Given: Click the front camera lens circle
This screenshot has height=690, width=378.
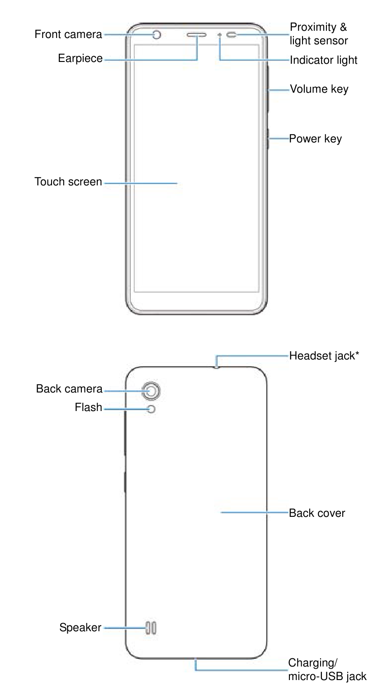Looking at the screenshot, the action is coord(157,35).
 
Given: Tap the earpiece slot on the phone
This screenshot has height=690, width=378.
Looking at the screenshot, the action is coord(196,35).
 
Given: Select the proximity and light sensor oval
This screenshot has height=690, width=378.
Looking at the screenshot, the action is coord(232,35).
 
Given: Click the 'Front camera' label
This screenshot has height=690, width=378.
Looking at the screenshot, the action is coord(68,34).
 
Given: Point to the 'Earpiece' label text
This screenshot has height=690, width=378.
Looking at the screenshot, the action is coord(80,58).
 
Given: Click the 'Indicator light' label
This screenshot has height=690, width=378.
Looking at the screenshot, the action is coord(323,60).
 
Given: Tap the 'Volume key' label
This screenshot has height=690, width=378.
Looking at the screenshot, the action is coord(319,90).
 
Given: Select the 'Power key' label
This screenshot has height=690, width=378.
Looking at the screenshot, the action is coord(316,139).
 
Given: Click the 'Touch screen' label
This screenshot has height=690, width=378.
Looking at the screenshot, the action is coord(68,182).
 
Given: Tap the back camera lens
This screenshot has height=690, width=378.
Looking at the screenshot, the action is coord(151,391).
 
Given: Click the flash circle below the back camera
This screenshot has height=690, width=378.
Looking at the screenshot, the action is coord(151,409).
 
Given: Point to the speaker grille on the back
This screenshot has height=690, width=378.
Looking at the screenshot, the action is coord(151,628).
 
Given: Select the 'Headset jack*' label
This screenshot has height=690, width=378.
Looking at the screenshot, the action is coord(324,356).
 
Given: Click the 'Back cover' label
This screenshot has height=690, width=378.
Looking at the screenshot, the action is coord(317,513).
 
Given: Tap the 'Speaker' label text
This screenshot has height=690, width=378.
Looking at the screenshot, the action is coord(80,628).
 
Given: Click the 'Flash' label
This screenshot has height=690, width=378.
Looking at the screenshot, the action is coord(89,407).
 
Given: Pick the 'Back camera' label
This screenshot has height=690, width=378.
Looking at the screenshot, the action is coord(69,389).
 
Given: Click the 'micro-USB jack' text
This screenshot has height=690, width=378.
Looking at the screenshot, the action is coord(327,676).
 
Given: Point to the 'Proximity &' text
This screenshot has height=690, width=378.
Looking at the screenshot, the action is coord(319,27).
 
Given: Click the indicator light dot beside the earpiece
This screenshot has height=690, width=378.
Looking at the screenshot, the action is coord(220,35).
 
